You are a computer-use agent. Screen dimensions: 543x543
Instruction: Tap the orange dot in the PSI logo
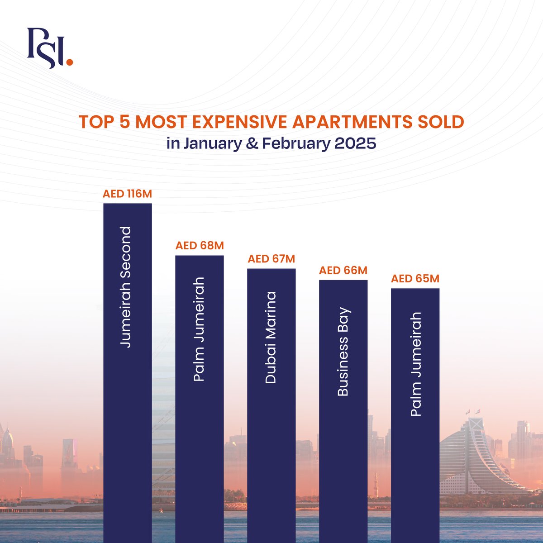pyautogui.click(x=69, y=62)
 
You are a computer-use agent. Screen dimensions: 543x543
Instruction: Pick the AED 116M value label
pyautogui.click(x=128, y=194)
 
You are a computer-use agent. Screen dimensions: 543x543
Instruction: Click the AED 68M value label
pyautogui.click(x=200, y=246)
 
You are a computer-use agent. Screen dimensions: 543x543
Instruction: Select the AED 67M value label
pyautogui.click(x=271, y=259)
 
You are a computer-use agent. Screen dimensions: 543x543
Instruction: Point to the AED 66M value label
pyautogui.click(x=343, y=271)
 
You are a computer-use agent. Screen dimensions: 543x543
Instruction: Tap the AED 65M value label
pyautogui.click(x=415, y=279)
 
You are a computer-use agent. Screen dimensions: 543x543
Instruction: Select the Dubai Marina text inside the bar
pyautogui.click(x=271, y=338)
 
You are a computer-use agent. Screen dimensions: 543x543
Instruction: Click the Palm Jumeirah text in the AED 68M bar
pyautogui.click(x=199, y=329)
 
